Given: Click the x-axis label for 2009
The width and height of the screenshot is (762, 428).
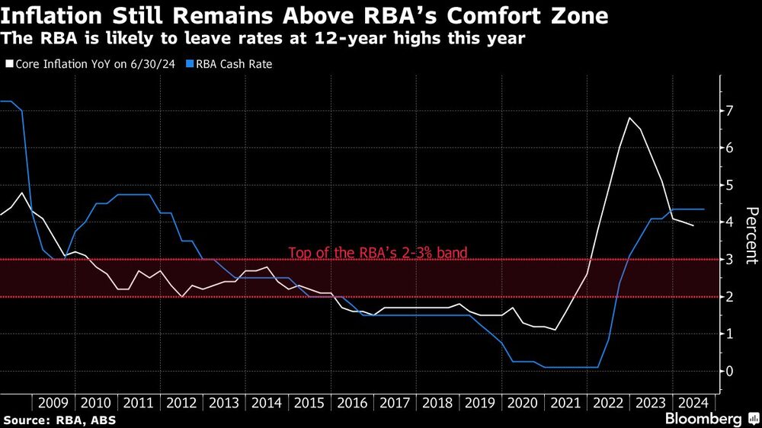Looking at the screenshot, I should coord(50,402).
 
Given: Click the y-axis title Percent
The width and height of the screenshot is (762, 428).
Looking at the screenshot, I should coord(751,235).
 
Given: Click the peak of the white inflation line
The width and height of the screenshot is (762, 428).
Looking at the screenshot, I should coord(629,118).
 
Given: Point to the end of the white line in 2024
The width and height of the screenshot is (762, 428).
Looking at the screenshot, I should coord(693,225).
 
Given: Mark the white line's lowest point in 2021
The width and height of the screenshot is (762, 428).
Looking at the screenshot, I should coord(555,330).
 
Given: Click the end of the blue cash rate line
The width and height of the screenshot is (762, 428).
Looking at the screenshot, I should coord(703,209).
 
